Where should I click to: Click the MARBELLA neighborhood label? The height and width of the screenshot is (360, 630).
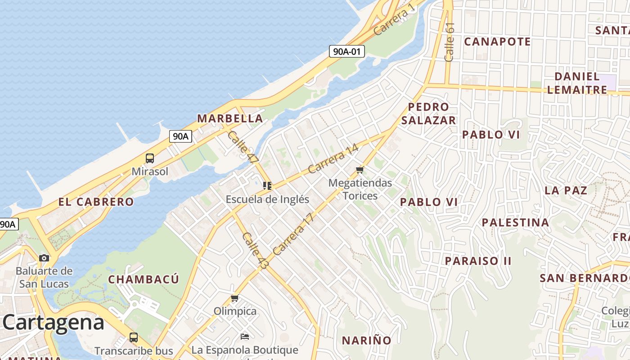(x=230, y=118)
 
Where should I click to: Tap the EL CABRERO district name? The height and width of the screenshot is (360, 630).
(x=96, y=202)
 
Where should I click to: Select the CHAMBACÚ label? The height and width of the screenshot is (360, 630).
(x=144, y=279)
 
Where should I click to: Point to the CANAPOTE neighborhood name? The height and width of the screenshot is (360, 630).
(x=497, y=42)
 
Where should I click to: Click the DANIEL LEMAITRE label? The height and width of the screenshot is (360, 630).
(x=577, y=83)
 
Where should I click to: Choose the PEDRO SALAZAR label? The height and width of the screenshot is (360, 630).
(x=428, y=113)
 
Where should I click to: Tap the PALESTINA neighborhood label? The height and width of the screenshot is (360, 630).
(x=515, y=222)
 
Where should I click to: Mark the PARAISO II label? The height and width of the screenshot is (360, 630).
(x=478, y=261)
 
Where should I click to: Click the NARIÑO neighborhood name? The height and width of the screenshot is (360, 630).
(x=367, y=340)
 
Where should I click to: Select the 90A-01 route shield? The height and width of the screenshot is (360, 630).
(x=346, y=51)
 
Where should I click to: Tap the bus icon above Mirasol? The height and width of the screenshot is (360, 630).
(x=150, y=158)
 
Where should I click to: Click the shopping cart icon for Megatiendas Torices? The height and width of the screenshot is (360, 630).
(x=360, y=170)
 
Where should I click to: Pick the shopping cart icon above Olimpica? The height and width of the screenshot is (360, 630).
(x=234, y=298)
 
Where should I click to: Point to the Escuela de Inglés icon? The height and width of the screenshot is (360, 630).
(x=267, y=185)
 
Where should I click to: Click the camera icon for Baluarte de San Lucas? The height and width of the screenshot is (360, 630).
(x=44, y=258)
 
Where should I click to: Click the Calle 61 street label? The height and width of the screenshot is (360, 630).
(x=449, y=42)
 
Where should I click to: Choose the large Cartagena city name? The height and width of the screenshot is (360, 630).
(x=54, y=323)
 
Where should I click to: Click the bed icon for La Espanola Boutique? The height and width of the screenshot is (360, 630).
(x=245, y=337)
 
